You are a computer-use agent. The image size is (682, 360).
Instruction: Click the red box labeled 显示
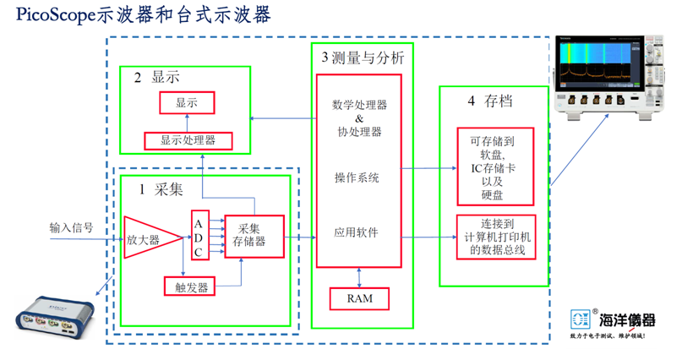(187, 103)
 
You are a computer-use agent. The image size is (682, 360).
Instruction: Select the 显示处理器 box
(188, 141)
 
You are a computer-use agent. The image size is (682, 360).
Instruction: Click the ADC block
(199, 234)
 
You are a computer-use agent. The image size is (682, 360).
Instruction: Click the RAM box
(360, 298)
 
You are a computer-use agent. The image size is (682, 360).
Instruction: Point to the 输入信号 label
(71, 228)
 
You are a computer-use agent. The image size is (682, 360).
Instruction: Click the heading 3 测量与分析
(363, 57)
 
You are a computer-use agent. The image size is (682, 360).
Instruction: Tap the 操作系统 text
(357, 179)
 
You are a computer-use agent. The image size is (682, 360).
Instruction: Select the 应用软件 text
(357, 232)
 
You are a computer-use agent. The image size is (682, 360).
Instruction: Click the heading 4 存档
(490, 101)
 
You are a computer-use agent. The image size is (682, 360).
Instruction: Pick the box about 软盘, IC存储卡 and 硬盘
(495, 166)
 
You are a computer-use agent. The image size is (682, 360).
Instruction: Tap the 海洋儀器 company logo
(613, 321)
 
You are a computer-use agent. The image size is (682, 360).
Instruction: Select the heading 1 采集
(161, 189)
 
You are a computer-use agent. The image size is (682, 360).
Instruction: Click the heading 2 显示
(157, 79)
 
